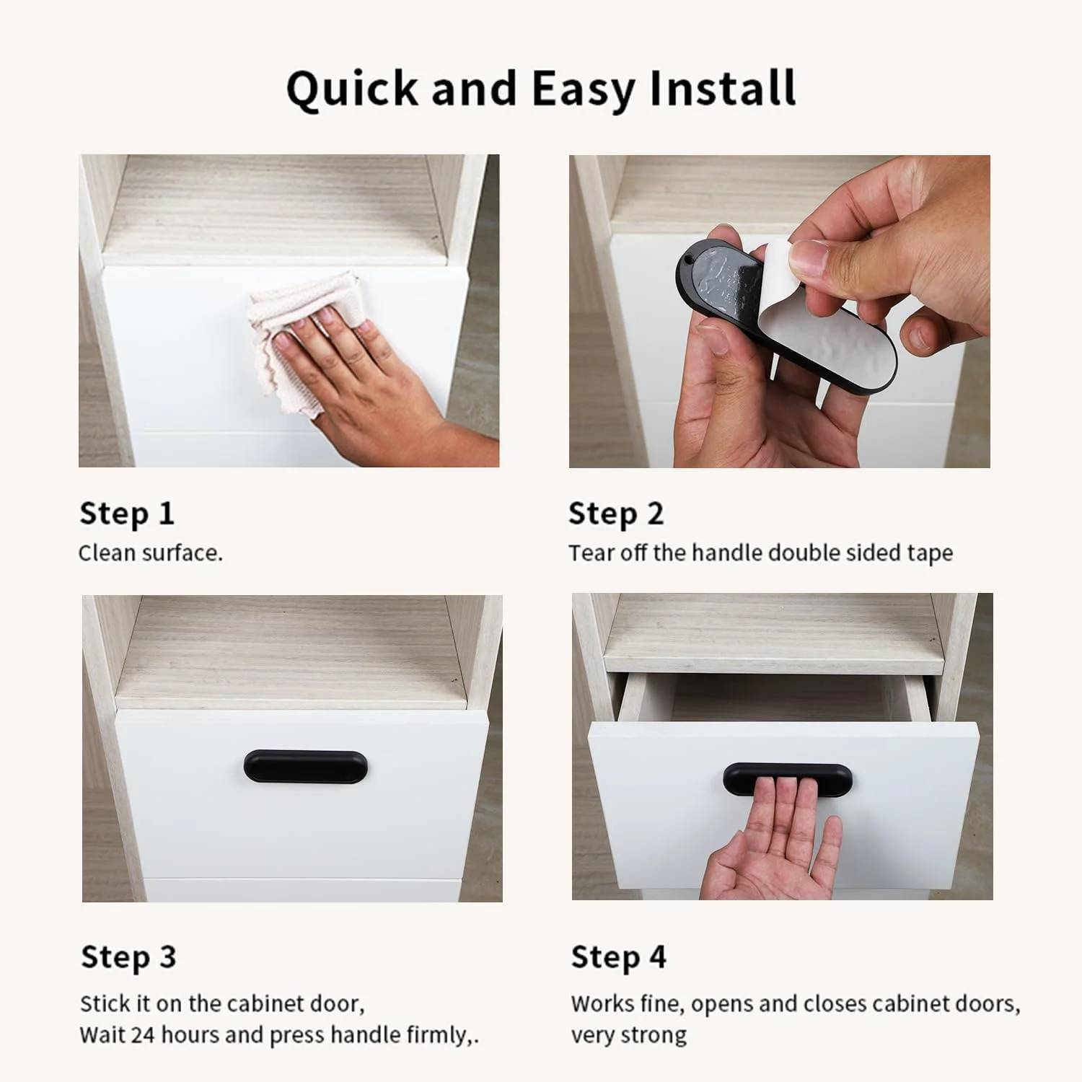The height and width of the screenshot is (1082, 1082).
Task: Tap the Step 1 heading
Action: [x=127, y=513]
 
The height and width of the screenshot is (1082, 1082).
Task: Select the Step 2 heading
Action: [x=616, y=513]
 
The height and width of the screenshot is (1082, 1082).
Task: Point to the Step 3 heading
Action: [x=128, y=956]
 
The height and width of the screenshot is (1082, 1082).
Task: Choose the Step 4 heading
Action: [x=619, y=956]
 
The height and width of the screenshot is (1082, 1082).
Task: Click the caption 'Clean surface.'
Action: [x=151, y=553]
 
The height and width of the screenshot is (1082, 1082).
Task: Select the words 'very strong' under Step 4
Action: [x=629, y=1035]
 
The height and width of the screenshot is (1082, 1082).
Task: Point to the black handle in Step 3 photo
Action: [x=306, y=767]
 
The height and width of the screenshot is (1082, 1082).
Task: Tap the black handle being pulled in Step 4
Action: [x=787, y=778]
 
